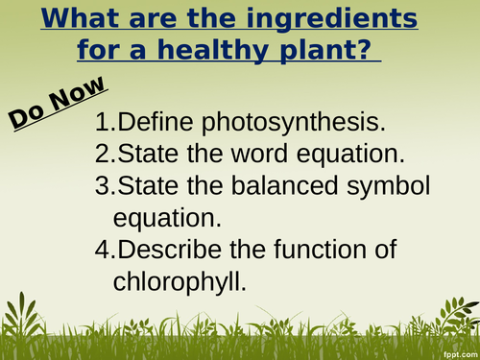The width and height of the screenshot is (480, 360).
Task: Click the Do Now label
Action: [x=58, y=104]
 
